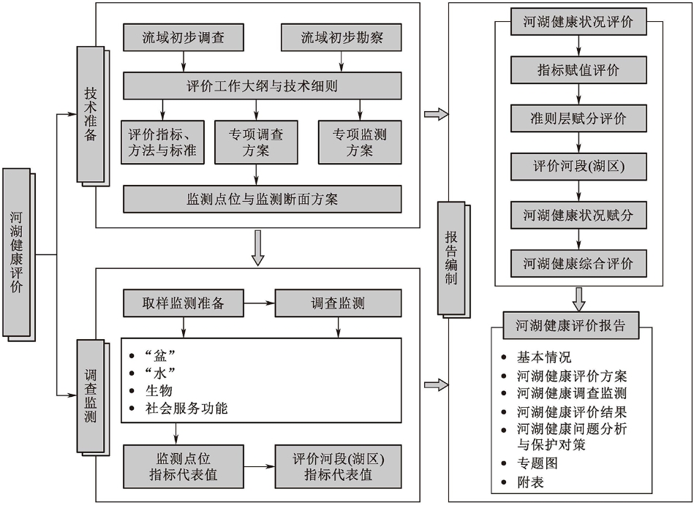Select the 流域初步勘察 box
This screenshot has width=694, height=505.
[342, 38]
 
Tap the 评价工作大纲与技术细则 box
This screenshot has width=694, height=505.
[262, 86]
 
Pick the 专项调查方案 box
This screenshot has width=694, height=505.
[257, 143]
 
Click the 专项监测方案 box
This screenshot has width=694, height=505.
[360, 143]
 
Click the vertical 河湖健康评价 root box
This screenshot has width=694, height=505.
[17, 252]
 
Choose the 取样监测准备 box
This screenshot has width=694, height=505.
[183, 304]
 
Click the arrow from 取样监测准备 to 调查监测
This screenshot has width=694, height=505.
[259, 304]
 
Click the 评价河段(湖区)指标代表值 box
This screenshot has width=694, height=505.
[338, 467]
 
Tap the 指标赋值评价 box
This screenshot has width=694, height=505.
[578, 70]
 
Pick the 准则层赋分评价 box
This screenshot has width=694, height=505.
[578, 118]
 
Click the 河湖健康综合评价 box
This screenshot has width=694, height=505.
[578, 263]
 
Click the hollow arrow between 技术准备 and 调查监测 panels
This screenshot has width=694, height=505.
[257, 248]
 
